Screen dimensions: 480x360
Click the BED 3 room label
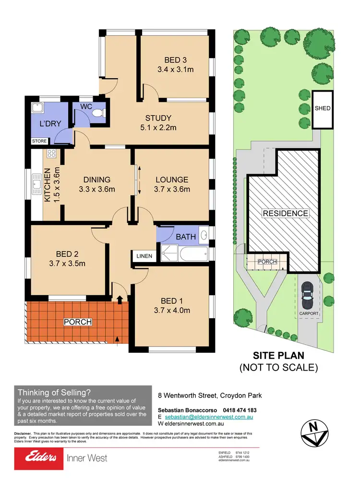(x=175, y=60)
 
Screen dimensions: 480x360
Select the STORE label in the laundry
(x=39, y=142)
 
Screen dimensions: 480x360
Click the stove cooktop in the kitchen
(x=51, y=154)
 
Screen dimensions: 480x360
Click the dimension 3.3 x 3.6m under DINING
(x=96, y=189)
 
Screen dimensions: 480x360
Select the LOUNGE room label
(x=172, y=180)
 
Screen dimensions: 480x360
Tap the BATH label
(x=185, y=237)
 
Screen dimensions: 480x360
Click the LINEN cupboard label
(x=144, y=256)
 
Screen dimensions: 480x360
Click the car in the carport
(x=306, y=296)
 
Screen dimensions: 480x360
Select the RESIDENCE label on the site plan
(x=285, y=213)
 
